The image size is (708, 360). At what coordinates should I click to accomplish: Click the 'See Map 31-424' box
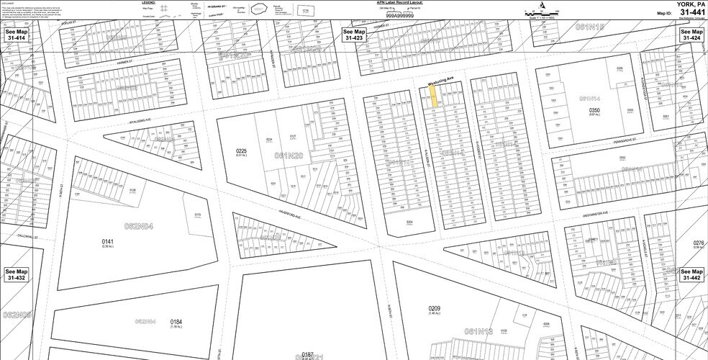[691, 35]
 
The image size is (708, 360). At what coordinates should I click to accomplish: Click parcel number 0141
[108, 242]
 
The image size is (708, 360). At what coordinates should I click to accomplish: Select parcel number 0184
[176, 322]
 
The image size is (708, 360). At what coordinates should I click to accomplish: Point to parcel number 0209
[434, 309]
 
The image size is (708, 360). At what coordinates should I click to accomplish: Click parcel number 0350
[594, 110]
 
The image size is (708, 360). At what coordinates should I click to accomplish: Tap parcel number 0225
[241, 151]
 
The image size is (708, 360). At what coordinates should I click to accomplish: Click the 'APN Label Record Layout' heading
[396, 3]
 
